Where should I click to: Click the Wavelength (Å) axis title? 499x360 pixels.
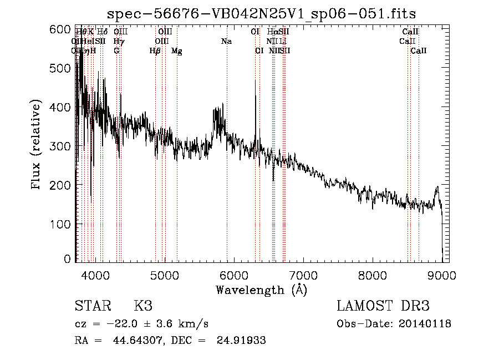[261, 290]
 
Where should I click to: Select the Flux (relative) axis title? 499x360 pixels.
[37, 145]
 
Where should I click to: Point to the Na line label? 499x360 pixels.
[226, 42]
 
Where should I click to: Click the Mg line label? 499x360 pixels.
[176, 51]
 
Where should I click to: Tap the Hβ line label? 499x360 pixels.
[155, 51]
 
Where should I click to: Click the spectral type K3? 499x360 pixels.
[142, 306]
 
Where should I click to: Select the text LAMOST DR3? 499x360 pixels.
[383, 306]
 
